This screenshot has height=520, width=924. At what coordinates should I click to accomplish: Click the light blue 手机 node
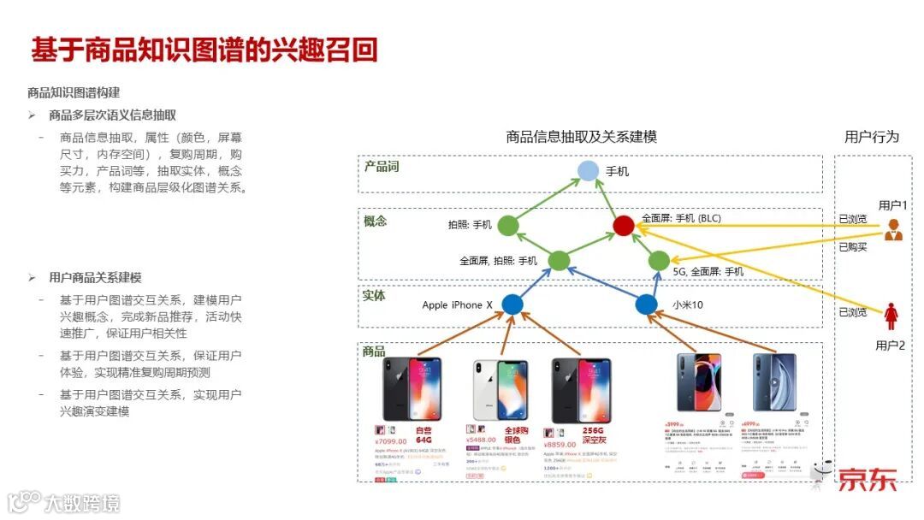tap(588, 171)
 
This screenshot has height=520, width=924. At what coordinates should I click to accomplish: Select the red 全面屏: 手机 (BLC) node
tap(624, 225)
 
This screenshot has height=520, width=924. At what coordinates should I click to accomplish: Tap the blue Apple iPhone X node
tap(512, 304)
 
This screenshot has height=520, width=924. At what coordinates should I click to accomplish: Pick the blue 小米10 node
tap(647, 304)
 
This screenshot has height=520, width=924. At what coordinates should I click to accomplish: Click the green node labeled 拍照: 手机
tap(508, 225)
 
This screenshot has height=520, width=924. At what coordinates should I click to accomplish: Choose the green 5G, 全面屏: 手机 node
tap(658, 260)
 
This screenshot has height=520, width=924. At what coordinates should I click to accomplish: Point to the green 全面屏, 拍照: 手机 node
tap(559, 260)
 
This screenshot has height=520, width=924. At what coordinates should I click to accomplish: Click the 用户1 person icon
tap(893, 229)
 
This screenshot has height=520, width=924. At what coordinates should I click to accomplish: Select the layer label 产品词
tap(382, 166)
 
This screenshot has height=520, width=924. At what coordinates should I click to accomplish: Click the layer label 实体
tap(375, 295)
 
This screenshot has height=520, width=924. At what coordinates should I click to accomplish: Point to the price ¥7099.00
tap(390, 442)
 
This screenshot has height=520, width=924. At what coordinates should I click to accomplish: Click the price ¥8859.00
tap(561, 444)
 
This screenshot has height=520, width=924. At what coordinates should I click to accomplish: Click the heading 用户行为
tap(872, 137)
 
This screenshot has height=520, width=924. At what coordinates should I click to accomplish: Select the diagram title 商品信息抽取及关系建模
tap(581, 137)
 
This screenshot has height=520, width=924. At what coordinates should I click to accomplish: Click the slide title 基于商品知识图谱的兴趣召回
tap(204, 50)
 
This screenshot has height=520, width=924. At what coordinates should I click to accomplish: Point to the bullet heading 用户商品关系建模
tap(95, 277)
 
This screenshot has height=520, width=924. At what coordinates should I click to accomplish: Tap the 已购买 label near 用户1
tap(852, 247)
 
